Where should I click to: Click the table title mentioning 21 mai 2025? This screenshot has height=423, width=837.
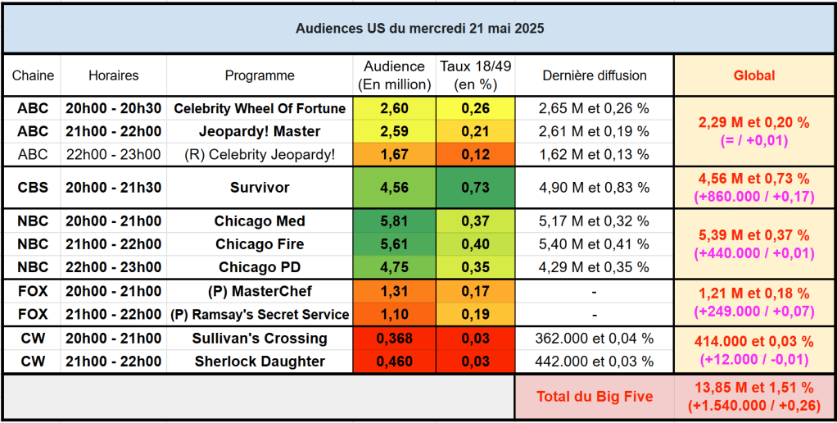pyautogui.click(x=419, y=28)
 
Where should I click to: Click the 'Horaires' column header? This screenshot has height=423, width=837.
pyautogui.click(x=113, y=75)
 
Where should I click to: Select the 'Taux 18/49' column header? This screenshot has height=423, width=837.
pyautogui.click(x=475, y=75)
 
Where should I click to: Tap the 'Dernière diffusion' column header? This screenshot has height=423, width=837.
pyautogui.click(x=595, y=75)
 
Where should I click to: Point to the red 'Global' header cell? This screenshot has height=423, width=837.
pyautogui.click(x=753, y=75)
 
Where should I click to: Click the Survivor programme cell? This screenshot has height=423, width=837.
pyautogui.click(x=260, y=188)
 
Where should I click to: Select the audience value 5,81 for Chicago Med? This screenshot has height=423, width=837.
pyautogui.click(x=394, y=221)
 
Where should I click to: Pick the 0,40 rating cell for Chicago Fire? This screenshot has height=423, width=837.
pyautogui.click(x=475, y=244)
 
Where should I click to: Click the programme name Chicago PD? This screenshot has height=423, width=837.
pyautogui.click(x=260, y=267)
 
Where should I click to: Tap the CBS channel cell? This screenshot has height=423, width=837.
pyautogui.click(x=33, y=188)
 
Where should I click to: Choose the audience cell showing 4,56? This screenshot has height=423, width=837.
pyautogui.click(x=394, y=188)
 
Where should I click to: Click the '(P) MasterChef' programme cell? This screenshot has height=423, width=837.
pyautogui.click(x=260, y=292)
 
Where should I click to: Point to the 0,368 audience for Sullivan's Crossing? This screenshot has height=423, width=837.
pyautogui.click(x=394, y=339)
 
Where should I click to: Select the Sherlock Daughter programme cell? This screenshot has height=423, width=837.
pyautogui.click(x=260, y=362)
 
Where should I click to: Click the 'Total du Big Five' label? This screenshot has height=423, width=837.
pyautogui.click(x=595, y=397)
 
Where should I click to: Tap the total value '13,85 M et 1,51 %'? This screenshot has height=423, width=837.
pyautogui.click(x=753, y=388)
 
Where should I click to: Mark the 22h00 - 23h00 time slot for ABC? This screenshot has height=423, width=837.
pyautogui.click(x=113, y=154)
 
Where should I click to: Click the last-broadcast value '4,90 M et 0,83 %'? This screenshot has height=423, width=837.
pyautogui.click(x=595, y=188)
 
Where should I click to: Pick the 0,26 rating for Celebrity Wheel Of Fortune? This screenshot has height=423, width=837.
pyautogui.click(x=475, y=108)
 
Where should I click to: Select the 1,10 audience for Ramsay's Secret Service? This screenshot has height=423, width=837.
pyautogui.click(x=394, y=315)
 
